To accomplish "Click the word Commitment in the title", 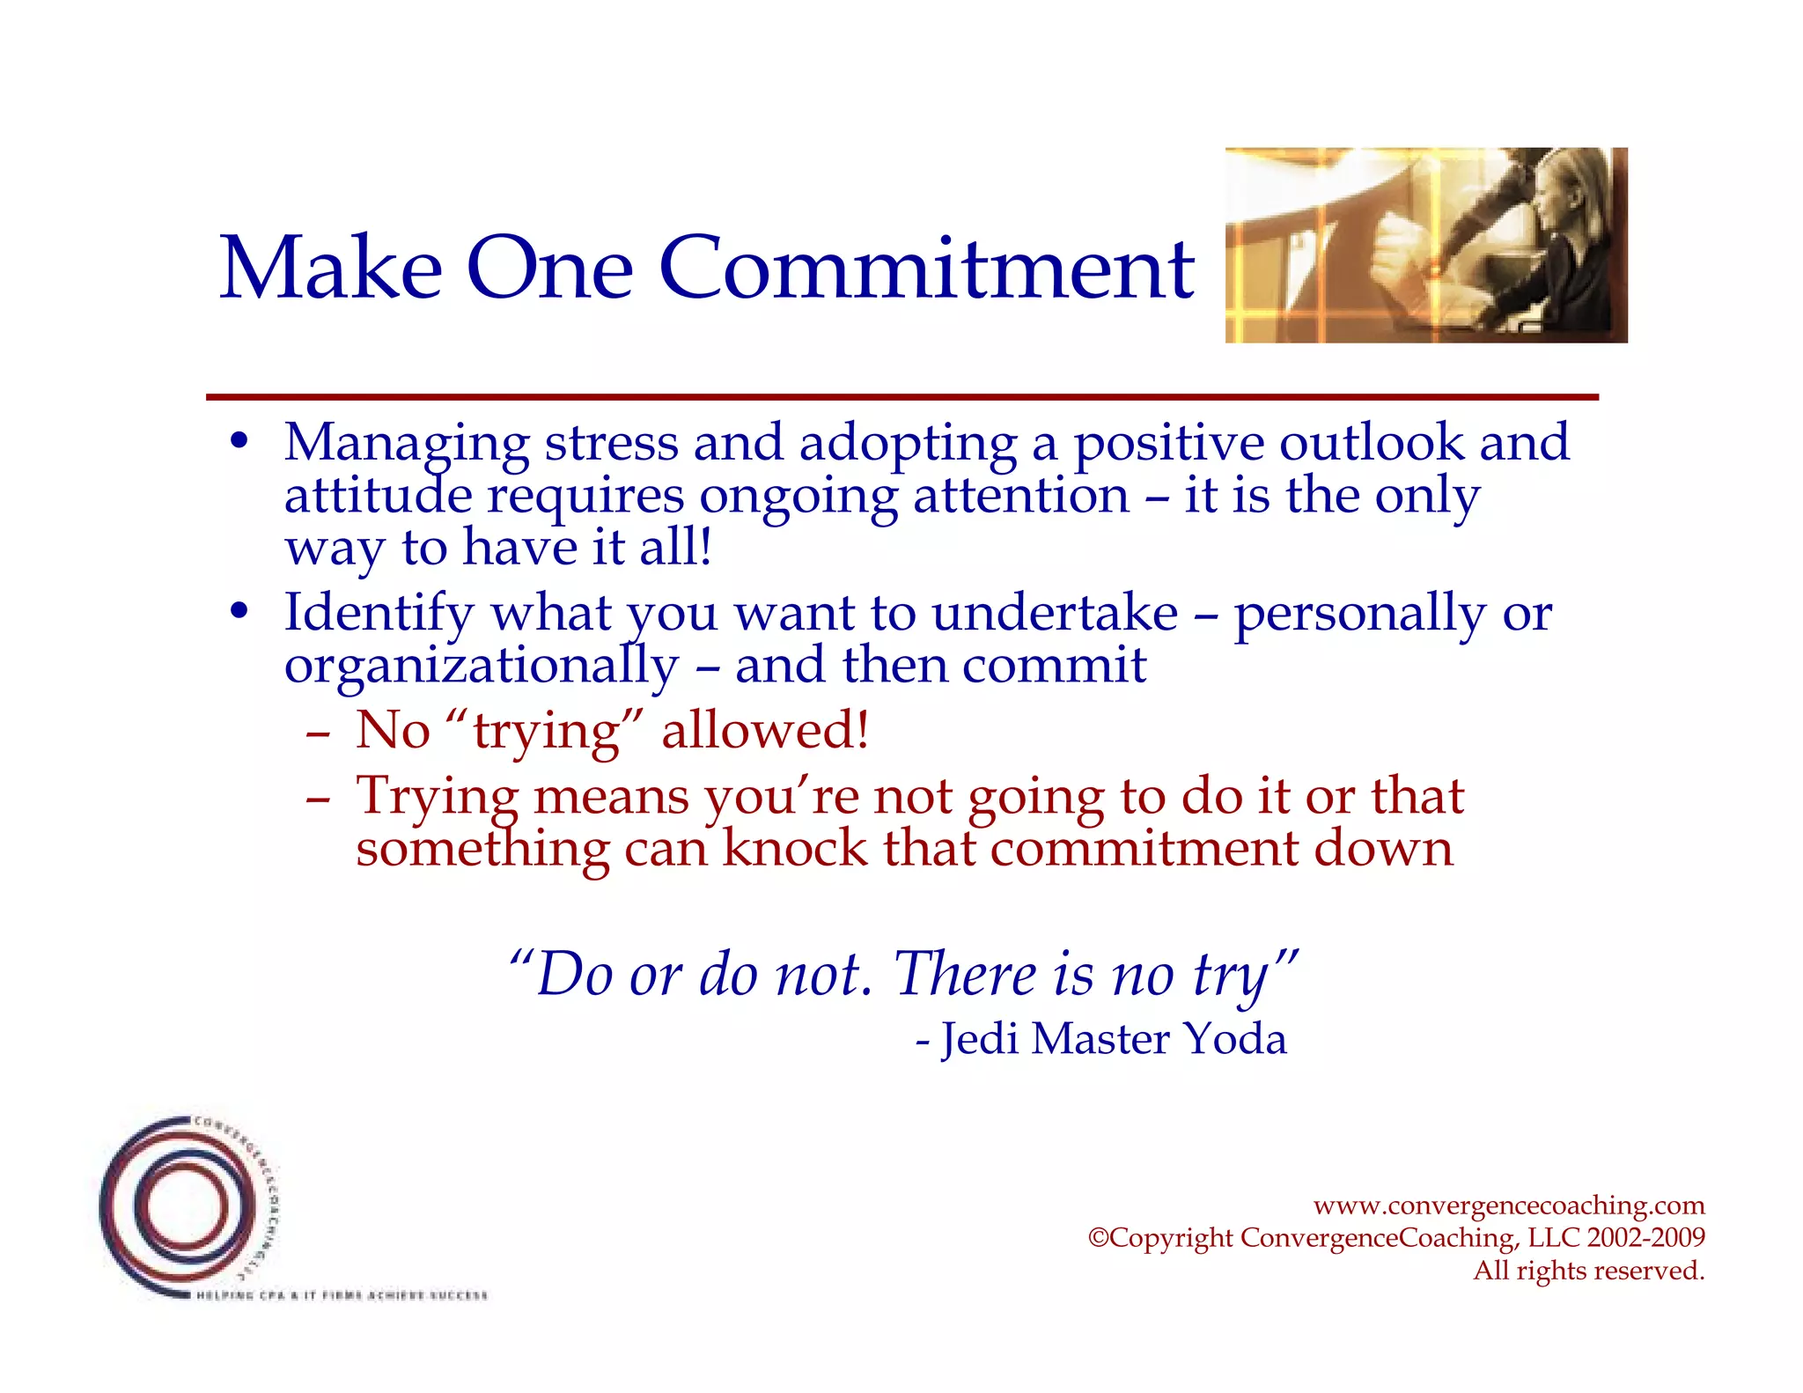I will (x=925, y=268).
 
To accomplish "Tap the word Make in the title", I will (x=330, y=268).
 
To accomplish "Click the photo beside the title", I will (x=1425, y=245).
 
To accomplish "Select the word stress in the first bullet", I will (x=611, y=442).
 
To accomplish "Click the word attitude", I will (x=378, y=495).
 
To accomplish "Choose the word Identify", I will (x=379, y=614).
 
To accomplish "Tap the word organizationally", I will (x=481, y=667).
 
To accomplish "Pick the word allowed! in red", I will (x=765, y=730).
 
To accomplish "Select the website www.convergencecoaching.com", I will (x=1508, y=1205).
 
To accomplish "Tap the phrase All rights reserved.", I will (x=1588, y=1271).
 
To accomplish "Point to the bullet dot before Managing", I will (x=239, y=442).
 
